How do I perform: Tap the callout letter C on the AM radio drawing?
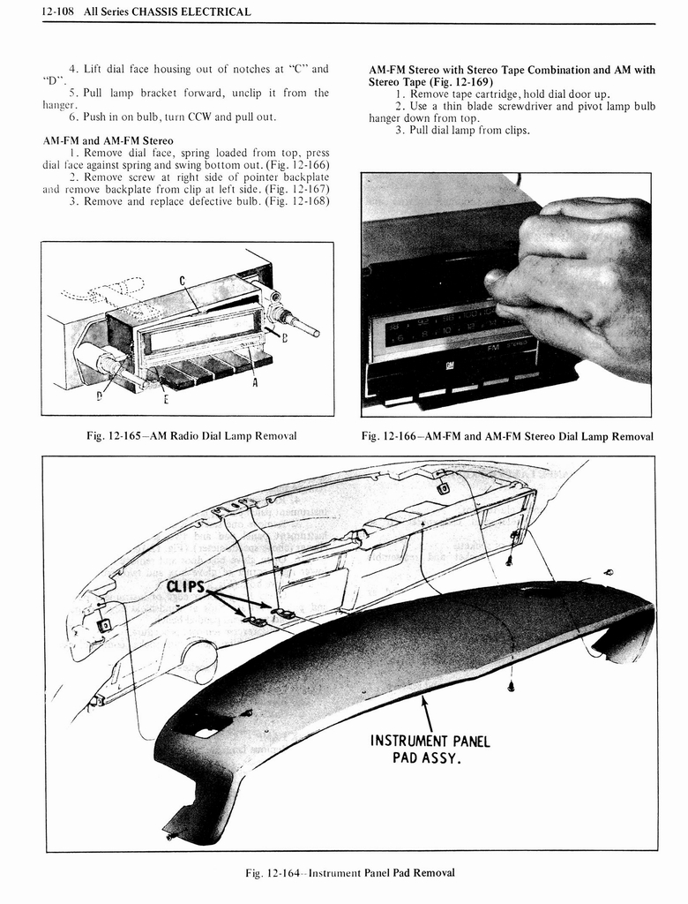coord(181,282)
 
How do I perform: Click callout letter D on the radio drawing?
coord(100,396)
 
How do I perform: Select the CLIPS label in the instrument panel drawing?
coord(183,588)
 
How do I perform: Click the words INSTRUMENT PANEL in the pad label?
coord(430,741)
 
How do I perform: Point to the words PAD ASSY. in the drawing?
coord(430,758)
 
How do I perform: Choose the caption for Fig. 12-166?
coord(507,436)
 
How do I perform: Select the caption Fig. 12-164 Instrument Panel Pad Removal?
coord(350,872)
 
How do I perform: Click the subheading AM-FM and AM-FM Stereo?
coord(108,140)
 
